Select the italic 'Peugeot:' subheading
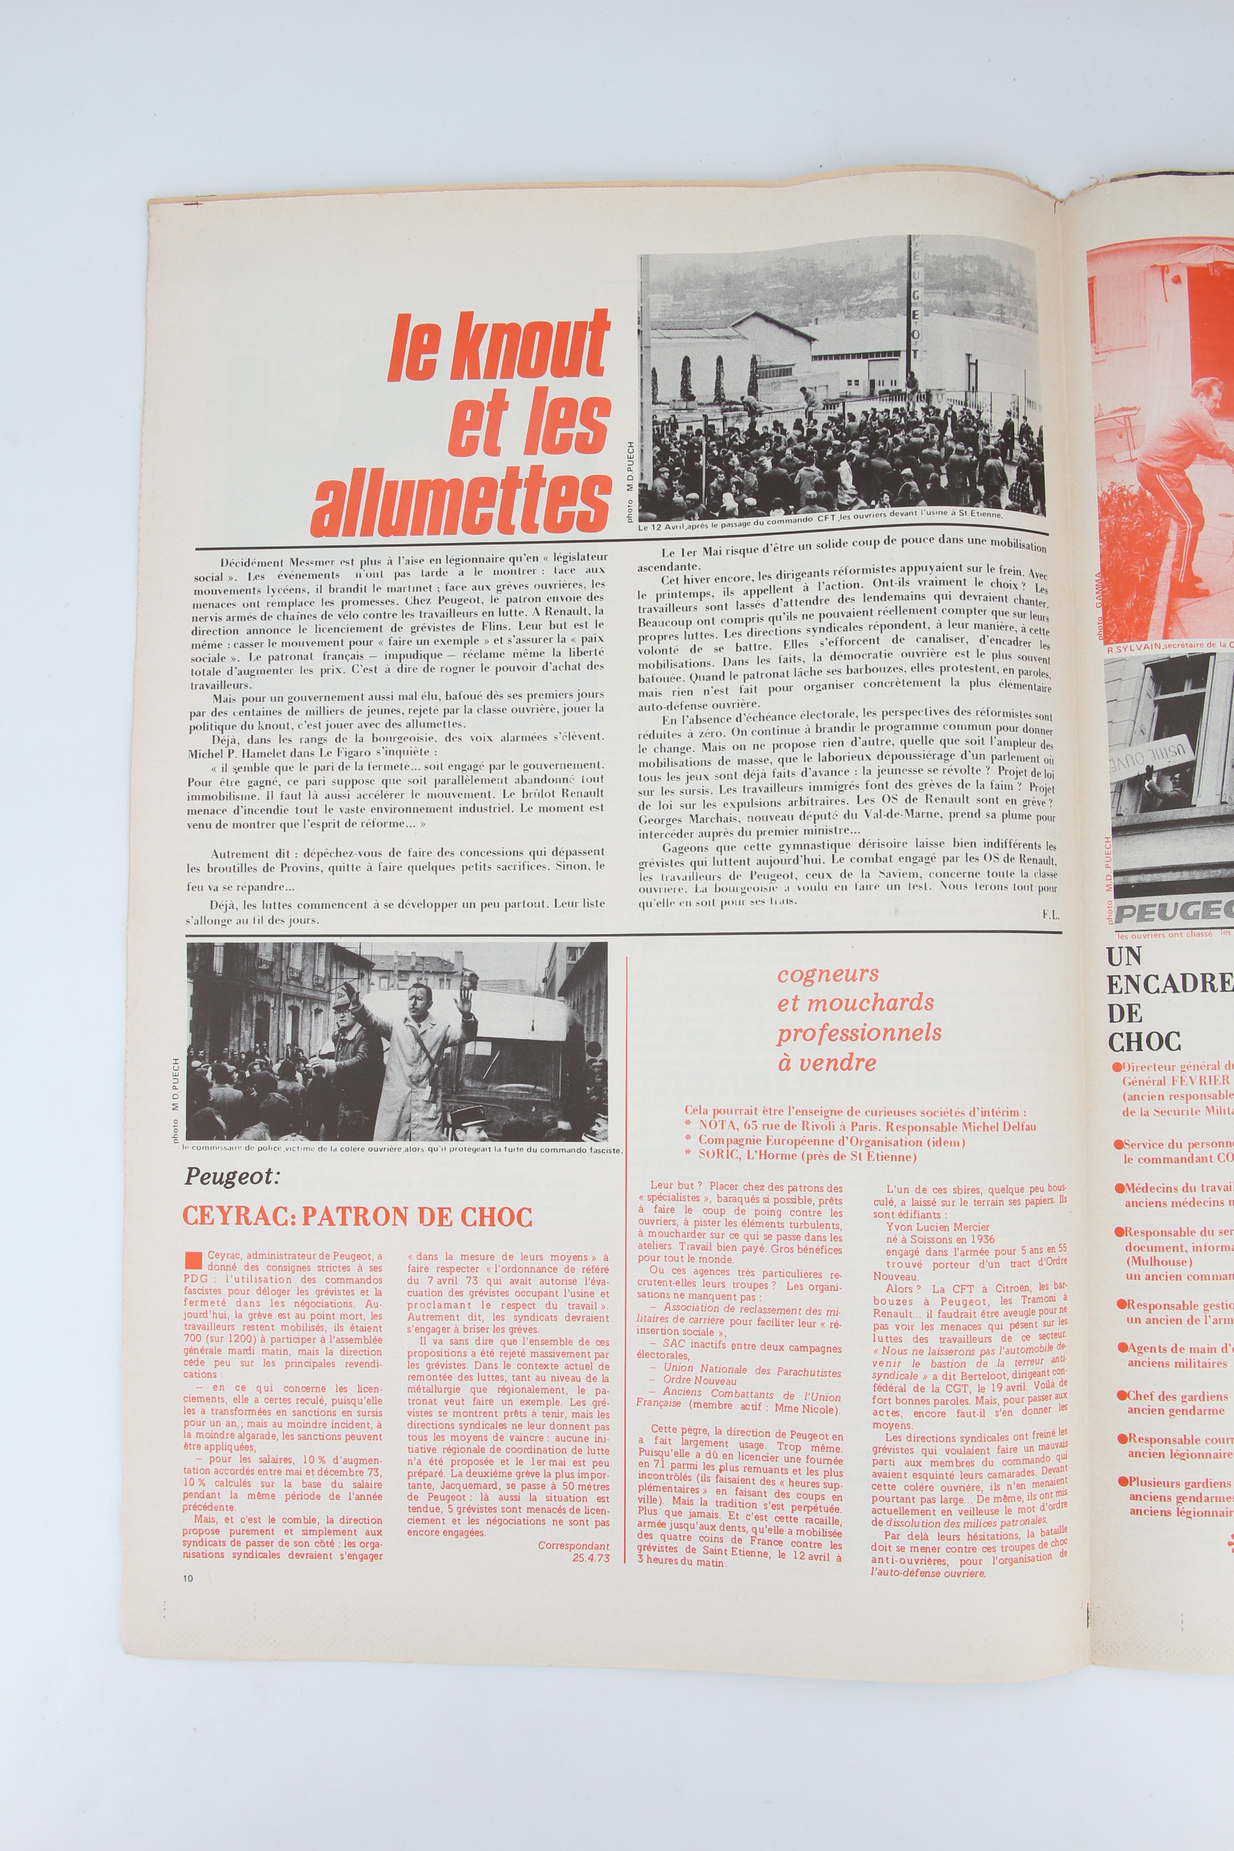pos(232,1177)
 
